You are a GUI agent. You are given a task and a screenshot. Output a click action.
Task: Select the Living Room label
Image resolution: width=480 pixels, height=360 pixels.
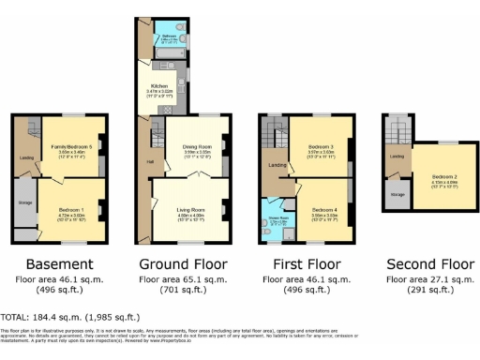190,212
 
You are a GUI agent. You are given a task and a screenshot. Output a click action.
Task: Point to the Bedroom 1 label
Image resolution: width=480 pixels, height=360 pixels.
72,209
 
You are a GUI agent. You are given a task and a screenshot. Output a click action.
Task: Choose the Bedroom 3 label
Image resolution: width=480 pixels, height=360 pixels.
322,147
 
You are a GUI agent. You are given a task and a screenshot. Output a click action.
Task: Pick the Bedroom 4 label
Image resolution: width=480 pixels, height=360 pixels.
324,209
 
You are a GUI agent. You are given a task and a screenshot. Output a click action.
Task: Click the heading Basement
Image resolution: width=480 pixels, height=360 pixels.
59,263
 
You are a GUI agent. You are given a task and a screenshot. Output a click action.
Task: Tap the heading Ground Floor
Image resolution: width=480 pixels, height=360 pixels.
183,263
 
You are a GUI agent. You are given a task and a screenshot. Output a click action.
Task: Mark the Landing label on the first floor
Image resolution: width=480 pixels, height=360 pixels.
277,166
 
